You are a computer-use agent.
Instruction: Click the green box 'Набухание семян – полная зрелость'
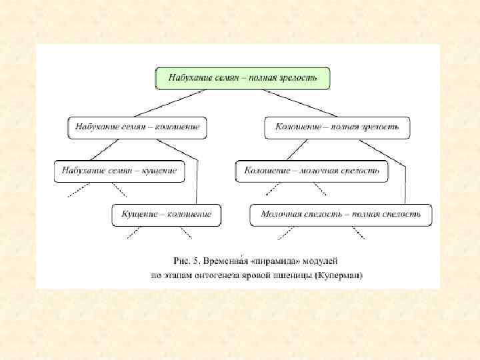[x=243, y=78]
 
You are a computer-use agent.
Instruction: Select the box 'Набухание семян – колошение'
[x=137, y=127]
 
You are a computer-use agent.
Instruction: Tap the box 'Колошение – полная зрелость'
[x=337, y=127]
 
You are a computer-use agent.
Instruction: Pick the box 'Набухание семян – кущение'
[x=119, y=171]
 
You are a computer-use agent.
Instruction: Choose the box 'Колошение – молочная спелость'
[x=311, y=171]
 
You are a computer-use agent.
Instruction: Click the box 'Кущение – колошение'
[x=166, y=214]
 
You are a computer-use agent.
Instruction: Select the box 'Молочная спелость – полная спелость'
[x=340, y=214]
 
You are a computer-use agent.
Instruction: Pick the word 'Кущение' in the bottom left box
[x=139, y=214]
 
